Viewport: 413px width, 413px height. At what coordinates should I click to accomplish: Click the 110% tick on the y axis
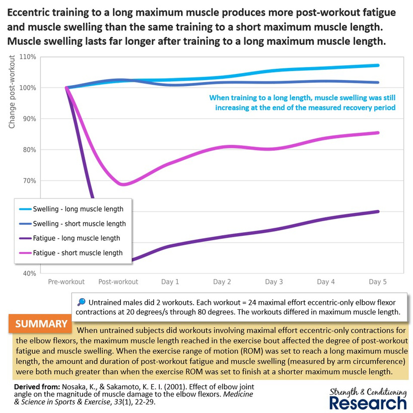pos(28,57)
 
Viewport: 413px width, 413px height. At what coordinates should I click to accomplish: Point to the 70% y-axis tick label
pos(29,181)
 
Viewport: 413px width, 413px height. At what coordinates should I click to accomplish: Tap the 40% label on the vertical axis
pos(30,273)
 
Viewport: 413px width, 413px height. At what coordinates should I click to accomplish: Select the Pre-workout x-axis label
pos(66,282)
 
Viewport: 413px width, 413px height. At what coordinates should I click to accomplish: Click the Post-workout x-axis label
pos(118,282)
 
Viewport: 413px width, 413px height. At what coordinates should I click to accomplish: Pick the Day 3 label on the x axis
pos(274,282)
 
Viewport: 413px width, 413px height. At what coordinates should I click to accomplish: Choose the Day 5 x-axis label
pos(378,282)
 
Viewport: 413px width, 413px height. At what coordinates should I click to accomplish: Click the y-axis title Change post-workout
pos(12,92)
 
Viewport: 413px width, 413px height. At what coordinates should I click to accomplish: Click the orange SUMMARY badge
pos(40,323)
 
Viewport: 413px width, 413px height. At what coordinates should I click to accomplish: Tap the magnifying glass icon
pos(82,302)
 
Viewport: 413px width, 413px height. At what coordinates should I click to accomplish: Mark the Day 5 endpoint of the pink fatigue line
pos(378,133)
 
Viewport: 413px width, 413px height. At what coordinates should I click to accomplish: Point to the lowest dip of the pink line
pos(123,184)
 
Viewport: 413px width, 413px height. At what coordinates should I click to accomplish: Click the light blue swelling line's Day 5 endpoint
pos(378,65)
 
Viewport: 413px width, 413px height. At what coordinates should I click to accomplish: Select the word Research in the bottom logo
pos(368,403)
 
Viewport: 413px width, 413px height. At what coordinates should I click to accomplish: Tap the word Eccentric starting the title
pos(29,13)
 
